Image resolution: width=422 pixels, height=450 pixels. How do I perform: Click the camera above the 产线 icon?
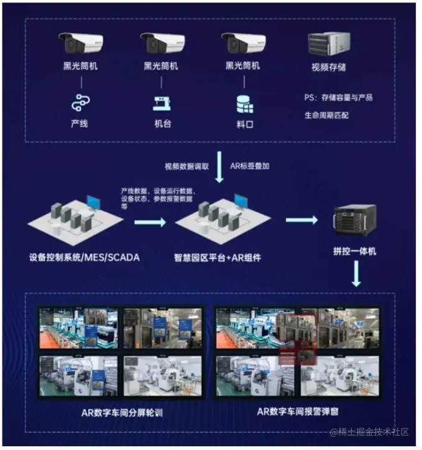81,43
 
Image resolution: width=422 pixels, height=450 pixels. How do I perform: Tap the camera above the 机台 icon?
162,43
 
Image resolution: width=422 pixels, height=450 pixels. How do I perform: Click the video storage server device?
328,44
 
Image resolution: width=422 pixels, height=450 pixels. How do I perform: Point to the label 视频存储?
328,67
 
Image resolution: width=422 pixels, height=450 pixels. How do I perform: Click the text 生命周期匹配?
326,115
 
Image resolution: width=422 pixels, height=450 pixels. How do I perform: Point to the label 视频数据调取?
186,167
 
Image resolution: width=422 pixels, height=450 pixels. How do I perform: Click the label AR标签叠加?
250,167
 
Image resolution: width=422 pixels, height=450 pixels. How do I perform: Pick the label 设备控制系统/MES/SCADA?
84,255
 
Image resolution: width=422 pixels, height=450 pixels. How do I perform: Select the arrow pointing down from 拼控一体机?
355,274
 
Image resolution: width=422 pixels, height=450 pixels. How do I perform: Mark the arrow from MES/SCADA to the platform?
150,222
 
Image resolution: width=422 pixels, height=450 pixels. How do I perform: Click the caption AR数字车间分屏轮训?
122,413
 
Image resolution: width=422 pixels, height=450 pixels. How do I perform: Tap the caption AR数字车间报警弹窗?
298,413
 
